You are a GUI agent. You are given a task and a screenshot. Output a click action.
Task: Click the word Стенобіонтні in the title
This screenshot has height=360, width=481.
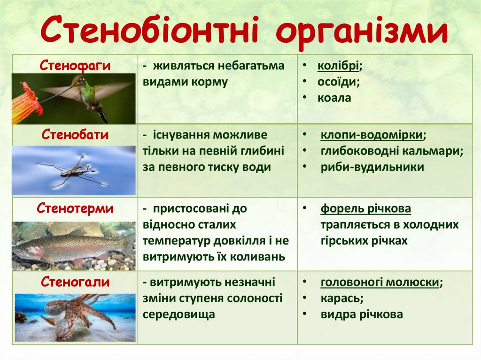coord(149,30)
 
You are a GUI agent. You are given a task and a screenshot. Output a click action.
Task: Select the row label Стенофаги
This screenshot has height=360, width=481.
coord(75,66)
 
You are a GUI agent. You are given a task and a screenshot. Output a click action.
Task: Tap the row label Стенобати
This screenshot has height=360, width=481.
coord(75,135)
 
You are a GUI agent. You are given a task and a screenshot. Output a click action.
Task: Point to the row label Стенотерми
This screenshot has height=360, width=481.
coord(75,208)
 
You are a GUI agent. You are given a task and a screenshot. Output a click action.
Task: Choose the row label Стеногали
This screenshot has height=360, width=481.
coord(75,282)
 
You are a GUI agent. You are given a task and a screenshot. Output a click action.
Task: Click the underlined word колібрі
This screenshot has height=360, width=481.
coord(338,66)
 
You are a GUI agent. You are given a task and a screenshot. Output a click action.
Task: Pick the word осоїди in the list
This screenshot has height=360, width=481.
coord(337,82)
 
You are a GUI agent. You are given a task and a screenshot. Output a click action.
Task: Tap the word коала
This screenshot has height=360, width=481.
coord(334,98)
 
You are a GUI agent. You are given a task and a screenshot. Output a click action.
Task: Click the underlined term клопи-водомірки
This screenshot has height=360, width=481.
coord(372,135)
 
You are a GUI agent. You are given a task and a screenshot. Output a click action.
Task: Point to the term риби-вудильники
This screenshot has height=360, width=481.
coord(372,168)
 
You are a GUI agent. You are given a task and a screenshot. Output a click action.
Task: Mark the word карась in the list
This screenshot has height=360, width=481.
coord(340,299)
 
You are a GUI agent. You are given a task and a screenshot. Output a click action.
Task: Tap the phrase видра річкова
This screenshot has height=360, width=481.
coord(362,314)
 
